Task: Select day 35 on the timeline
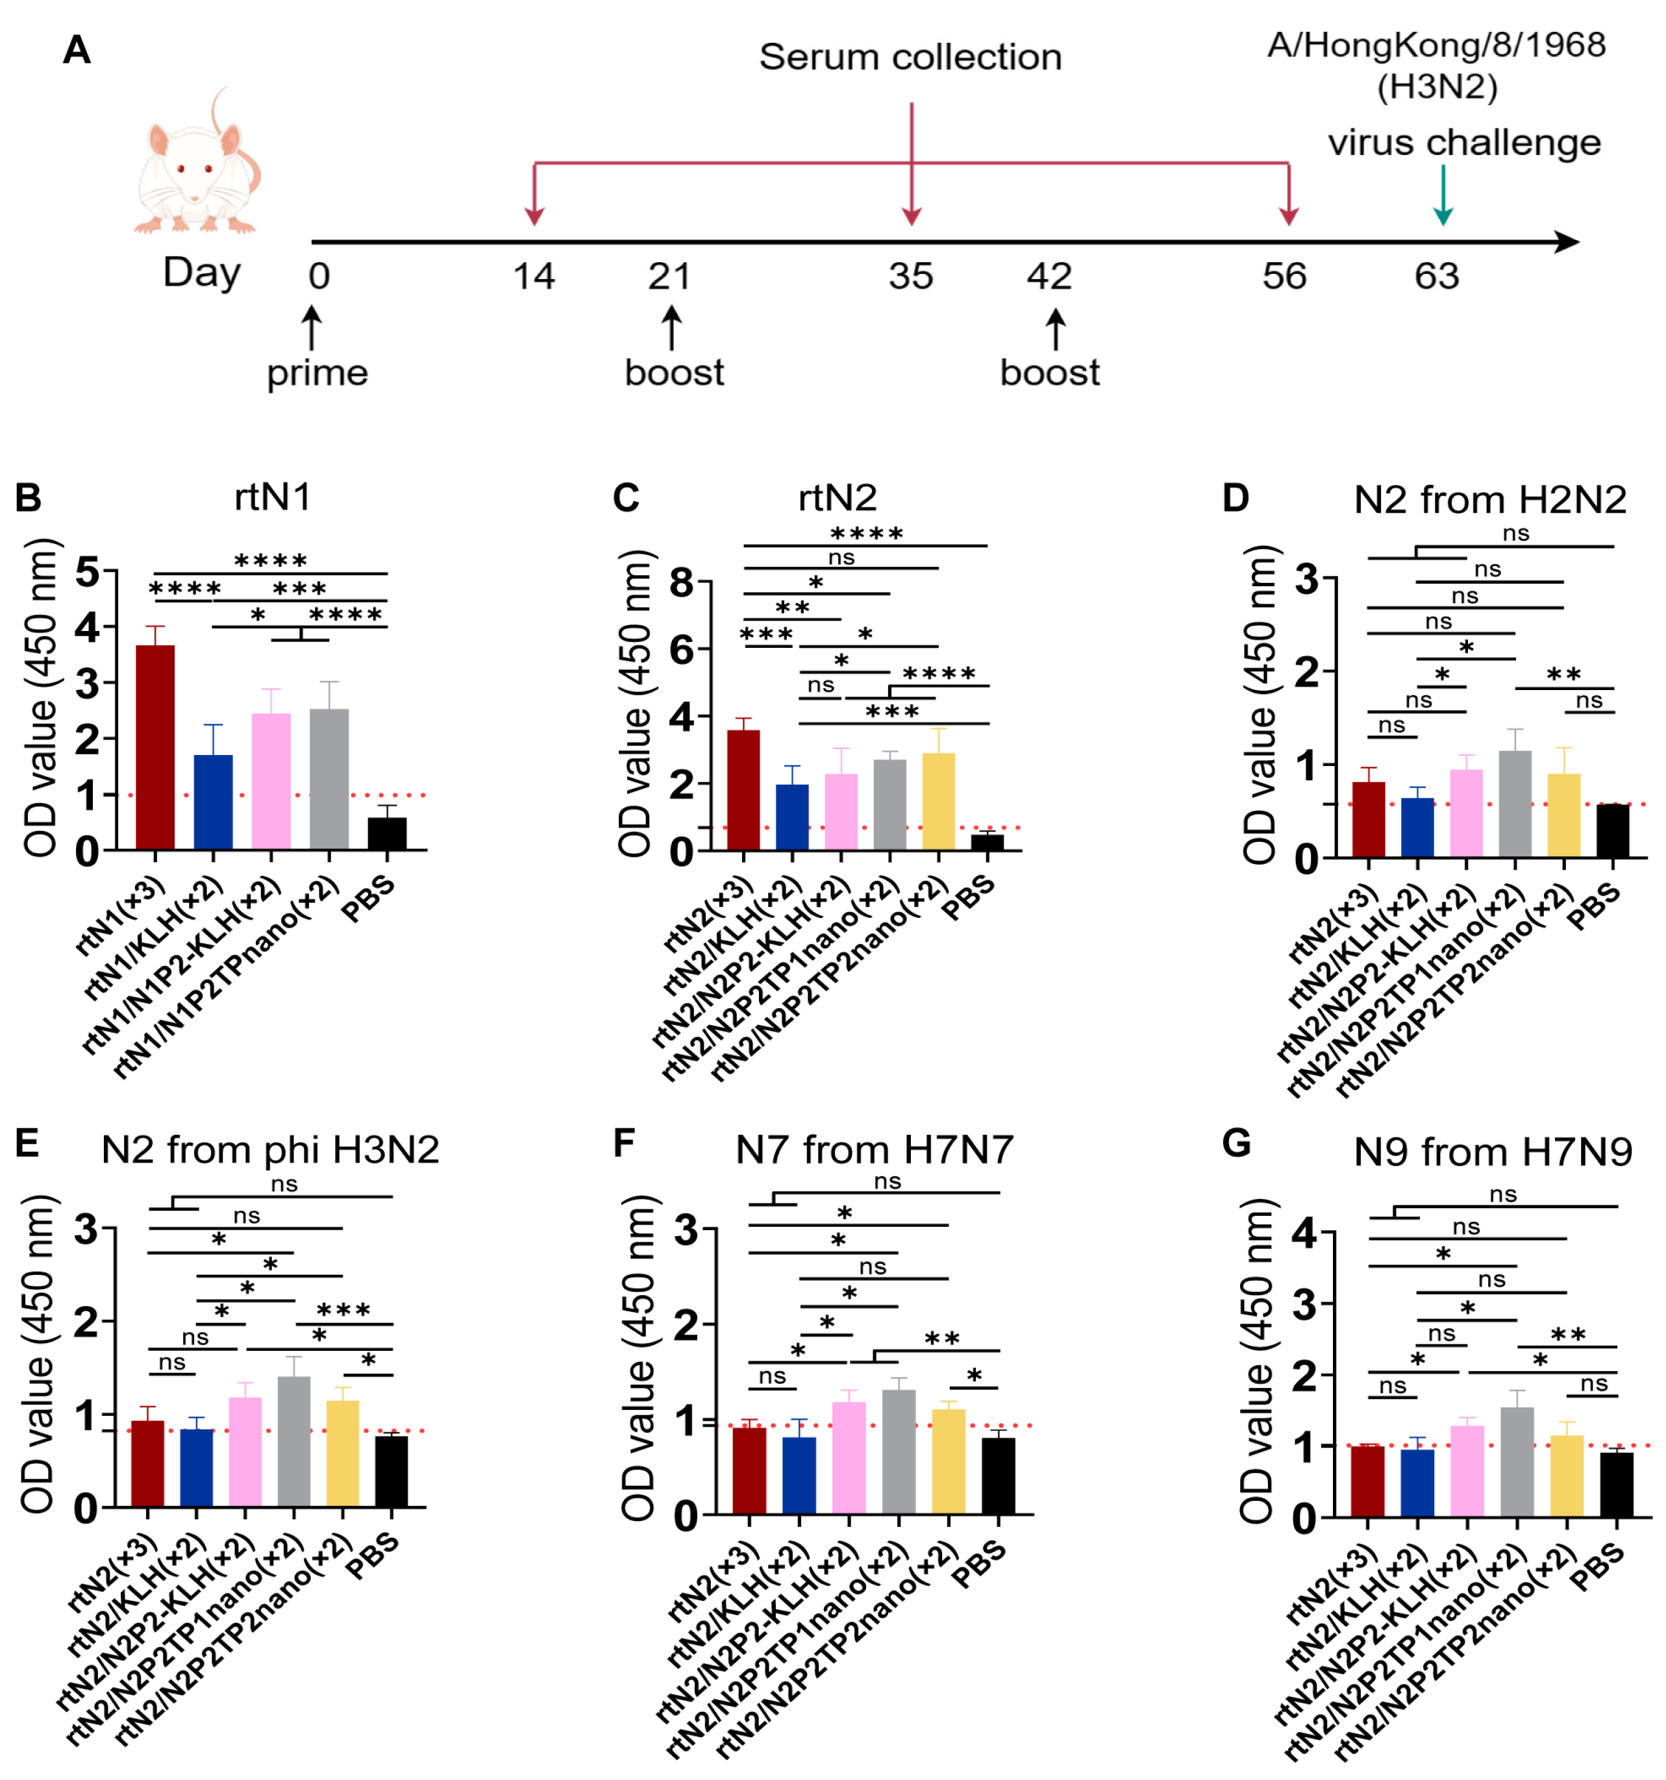[911, 277]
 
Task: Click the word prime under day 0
[317, 373]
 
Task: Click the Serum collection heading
[910, 57]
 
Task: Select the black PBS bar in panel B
[387, 833]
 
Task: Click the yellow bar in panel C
[938, 800]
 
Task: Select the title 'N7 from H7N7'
[874, 1150]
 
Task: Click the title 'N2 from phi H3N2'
[271, 1150]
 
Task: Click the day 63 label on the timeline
[1437, 277]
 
